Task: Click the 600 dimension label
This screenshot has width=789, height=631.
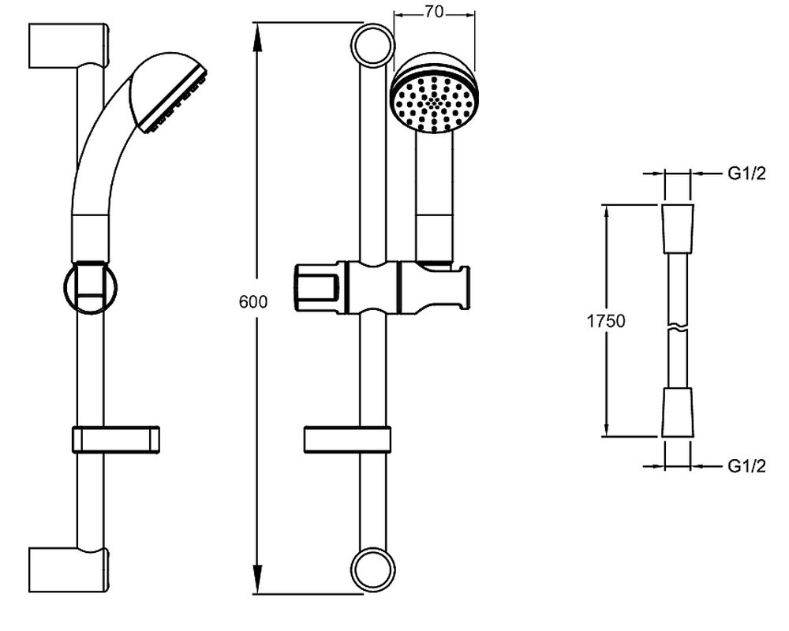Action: pos(253,302)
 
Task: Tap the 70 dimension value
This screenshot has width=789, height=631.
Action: pos(433,11)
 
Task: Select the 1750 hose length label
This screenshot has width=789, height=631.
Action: pos(606,321)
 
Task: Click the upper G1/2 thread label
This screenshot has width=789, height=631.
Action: pos(746,174)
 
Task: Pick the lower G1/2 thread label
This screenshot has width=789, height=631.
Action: pos(746,466)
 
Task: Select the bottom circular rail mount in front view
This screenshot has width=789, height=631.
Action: pos(373,569)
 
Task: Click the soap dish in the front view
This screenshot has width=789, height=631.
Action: pos(347,439)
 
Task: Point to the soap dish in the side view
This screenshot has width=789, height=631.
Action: pos(116,439)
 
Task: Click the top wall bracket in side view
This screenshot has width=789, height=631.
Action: pos(69,46)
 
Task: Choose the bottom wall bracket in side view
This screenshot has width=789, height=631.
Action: pos(69,569)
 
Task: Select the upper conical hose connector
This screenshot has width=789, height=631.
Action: pos(678,229)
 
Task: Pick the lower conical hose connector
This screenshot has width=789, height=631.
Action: pos(678,412)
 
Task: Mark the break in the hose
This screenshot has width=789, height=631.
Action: pos(677,327)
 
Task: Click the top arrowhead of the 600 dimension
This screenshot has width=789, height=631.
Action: pos(257,36)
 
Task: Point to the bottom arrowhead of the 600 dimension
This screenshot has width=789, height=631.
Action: pos(257,581)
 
